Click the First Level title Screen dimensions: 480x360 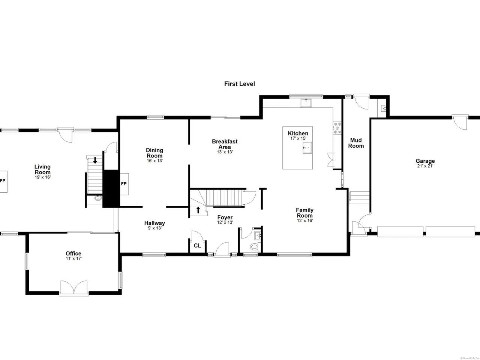click(240, 84)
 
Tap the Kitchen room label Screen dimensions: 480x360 click(298, 133)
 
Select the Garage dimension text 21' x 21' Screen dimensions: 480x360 click(425, 166)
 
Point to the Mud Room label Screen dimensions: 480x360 click(356, 143)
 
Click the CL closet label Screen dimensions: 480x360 click(197, 246)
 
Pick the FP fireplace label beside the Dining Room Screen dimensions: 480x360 click(124, 184)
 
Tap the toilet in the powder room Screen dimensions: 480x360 click(255, 247)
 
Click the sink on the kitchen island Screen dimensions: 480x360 click(307, 148)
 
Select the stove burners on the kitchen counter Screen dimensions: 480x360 click(337, 128)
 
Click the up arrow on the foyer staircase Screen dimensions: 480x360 click(198, 210)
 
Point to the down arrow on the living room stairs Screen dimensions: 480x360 click(95, 160)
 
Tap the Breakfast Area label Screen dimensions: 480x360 click(225, 144)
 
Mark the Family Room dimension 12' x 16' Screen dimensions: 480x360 click(304, 221)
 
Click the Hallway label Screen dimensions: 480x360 click(154, 223)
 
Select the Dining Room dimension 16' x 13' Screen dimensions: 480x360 click(154, 161)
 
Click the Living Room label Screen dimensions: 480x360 click(42, 169)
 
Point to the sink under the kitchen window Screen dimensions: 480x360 click(306, 103)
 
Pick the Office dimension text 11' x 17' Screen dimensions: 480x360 click(74, 259)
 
